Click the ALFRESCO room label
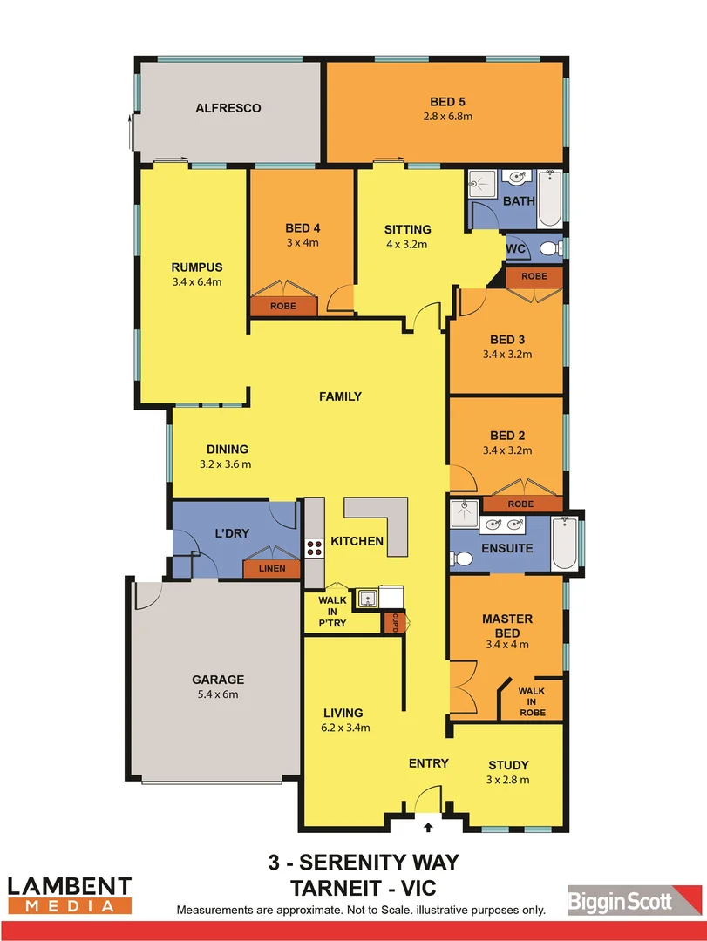pyautogui.click(x=228, y=109)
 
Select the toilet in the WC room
pyautogui.click(x=549, y=249)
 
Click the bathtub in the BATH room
pyautogui.click(x=549, y=200)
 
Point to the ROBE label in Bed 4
pyautogui.click(x=282, y=307)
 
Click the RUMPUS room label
pyautogui.click(x=197, y=267)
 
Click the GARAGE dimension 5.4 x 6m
pyautogui.click(x=218, y=694)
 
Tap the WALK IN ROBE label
pyautogui.click(x=532, y=701)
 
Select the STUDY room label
pyautogui.click(x=508, y=765)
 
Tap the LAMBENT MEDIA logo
pyautogui.click(x=70, y=894)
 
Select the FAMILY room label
pyautogui.click(x=340, y=396)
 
